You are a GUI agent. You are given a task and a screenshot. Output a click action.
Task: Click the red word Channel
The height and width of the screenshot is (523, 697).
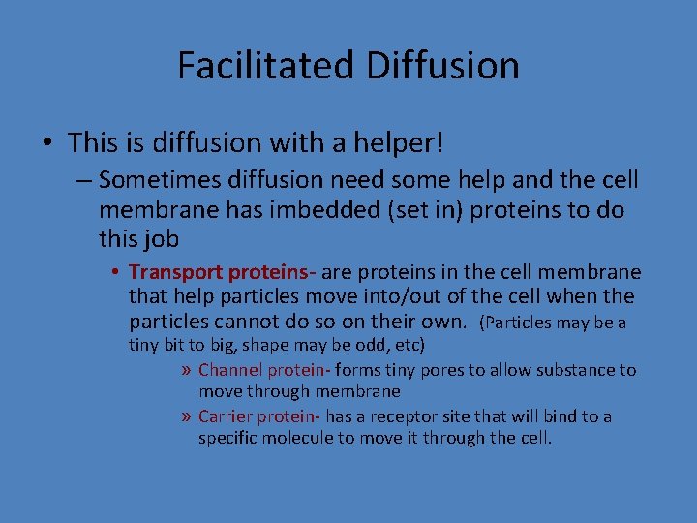pos(228,370)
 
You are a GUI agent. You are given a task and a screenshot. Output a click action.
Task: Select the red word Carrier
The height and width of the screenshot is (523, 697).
pos(226,416)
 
